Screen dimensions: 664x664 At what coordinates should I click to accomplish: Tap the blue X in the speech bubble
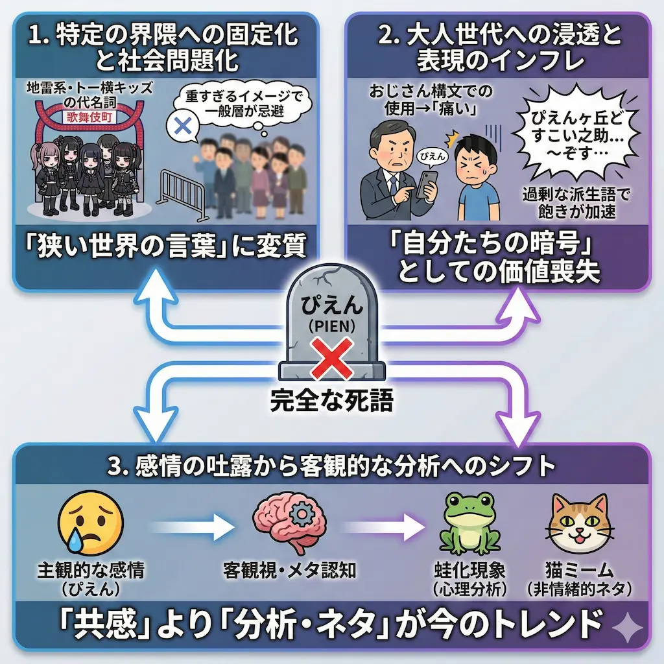pyautogui.click(x=184, y=127)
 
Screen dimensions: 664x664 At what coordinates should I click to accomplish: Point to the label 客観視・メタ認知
pyautogui.click(x=290, y=571)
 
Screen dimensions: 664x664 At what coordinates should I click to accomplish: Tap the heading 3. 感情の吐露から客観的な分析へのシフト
pyautogui.click(x=331, y=468)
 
